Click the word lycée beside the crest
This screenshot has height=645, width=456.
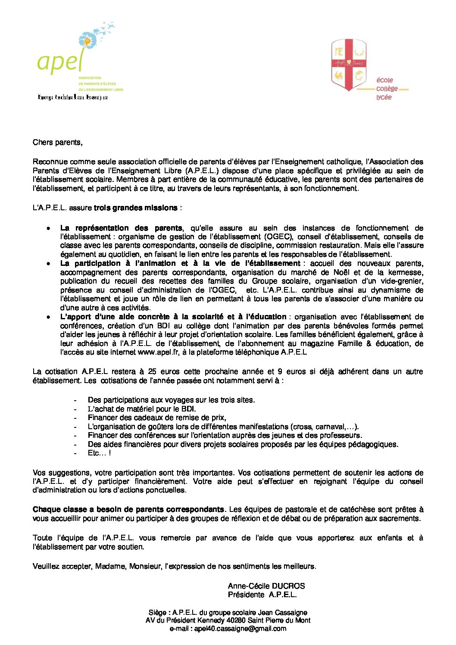pyautogui.click(x=384, y=97)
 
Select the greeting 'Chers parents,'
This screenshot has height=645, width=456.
pyautogui.click(x=57, y=142)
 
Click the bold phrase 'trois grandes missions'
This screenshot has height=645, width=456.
pyautogui.click(x=135, y=208)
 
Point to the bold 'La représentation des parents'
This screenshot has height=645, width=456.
pyautogui.click(x=121, y=228)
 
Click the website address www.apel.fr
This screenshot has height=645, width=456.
pyautogui.click(x=158, y=352)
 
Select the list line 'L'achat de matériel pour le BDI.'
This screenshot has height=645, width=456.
pyautogui.click(x=142, y=409)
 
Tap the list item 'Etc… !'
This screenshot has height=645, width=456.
pyautogui.click(x=99, y=453)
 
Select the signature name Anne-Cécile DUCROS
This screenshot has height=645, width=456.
pyautogui.click(x=266, y=586)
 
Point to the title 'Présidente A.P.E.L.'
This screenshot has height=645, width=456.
pyautogui.click(x=262, y=595)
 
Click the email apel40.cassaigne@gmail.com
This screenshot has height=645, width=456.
pyautogui.click(x=240, y=629)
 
